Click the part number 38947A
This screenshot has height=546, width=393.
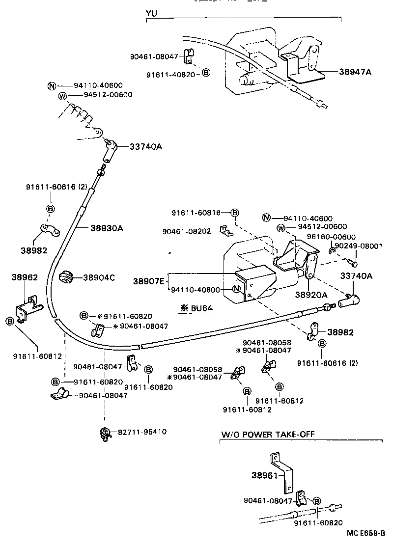(x=355, y=72)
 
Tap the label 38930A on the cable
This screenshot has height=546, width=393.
(x=106, y=228)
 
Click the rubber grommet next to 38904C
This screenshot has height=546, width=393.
(x=65, y=277)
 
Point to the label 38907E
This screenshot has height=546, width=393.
(x=149, y=281)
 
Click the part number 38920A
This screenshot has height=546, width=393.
(x=311, y=295)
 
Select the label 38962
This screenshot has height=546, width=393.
(x=25, y=277)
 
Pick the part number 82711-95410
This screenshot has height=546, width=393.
(x=142, y=432)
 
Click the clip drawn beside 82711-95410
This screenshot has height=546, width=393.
(x=104, y=433)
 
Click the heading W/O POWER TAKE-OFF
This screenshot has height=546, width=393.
(x=267, y=434)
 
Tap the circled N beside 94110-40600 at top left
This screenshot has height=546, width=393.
(x=52, y=85)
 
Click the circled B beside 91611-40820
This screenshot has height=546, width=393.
(x=206, y=73)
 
